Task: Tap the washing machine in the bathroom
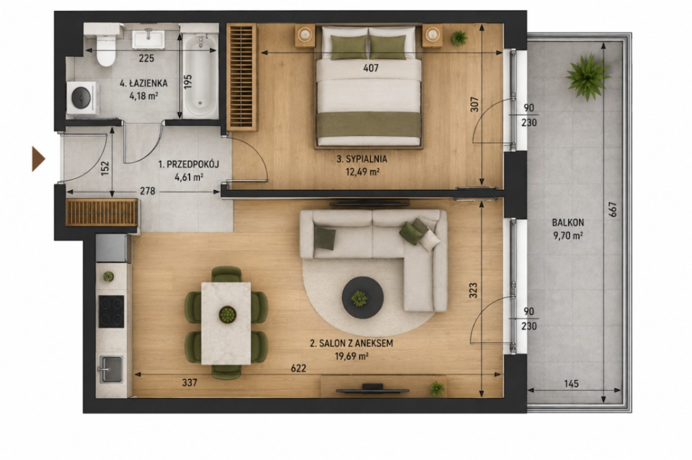point(83,97)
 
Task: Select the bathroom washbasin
point(148,39)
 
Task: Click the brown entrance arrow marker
point(39,159)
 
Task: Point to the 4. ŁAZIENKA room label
point(143,83)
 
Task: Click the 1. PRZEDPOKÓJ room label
point(189,164)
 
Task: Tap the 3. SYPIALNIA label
point(362,159)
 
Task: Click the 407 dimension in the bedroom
point(371,68)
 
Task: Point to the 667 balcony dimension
point(613,210)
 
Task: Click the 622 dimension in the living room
point(298,368)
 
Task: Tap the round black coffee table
point(363,297)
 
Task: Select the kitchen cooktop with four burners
point(111,312)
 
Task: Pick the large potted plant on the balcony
point(588,77)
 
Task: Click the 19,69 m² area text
point(352,357)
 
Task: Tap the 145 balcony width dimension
point(571,384)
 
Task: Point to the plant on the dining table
point(228,315)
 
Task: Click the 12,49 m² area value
point(363,172)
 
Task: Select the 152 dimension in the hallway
point(105,169)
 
